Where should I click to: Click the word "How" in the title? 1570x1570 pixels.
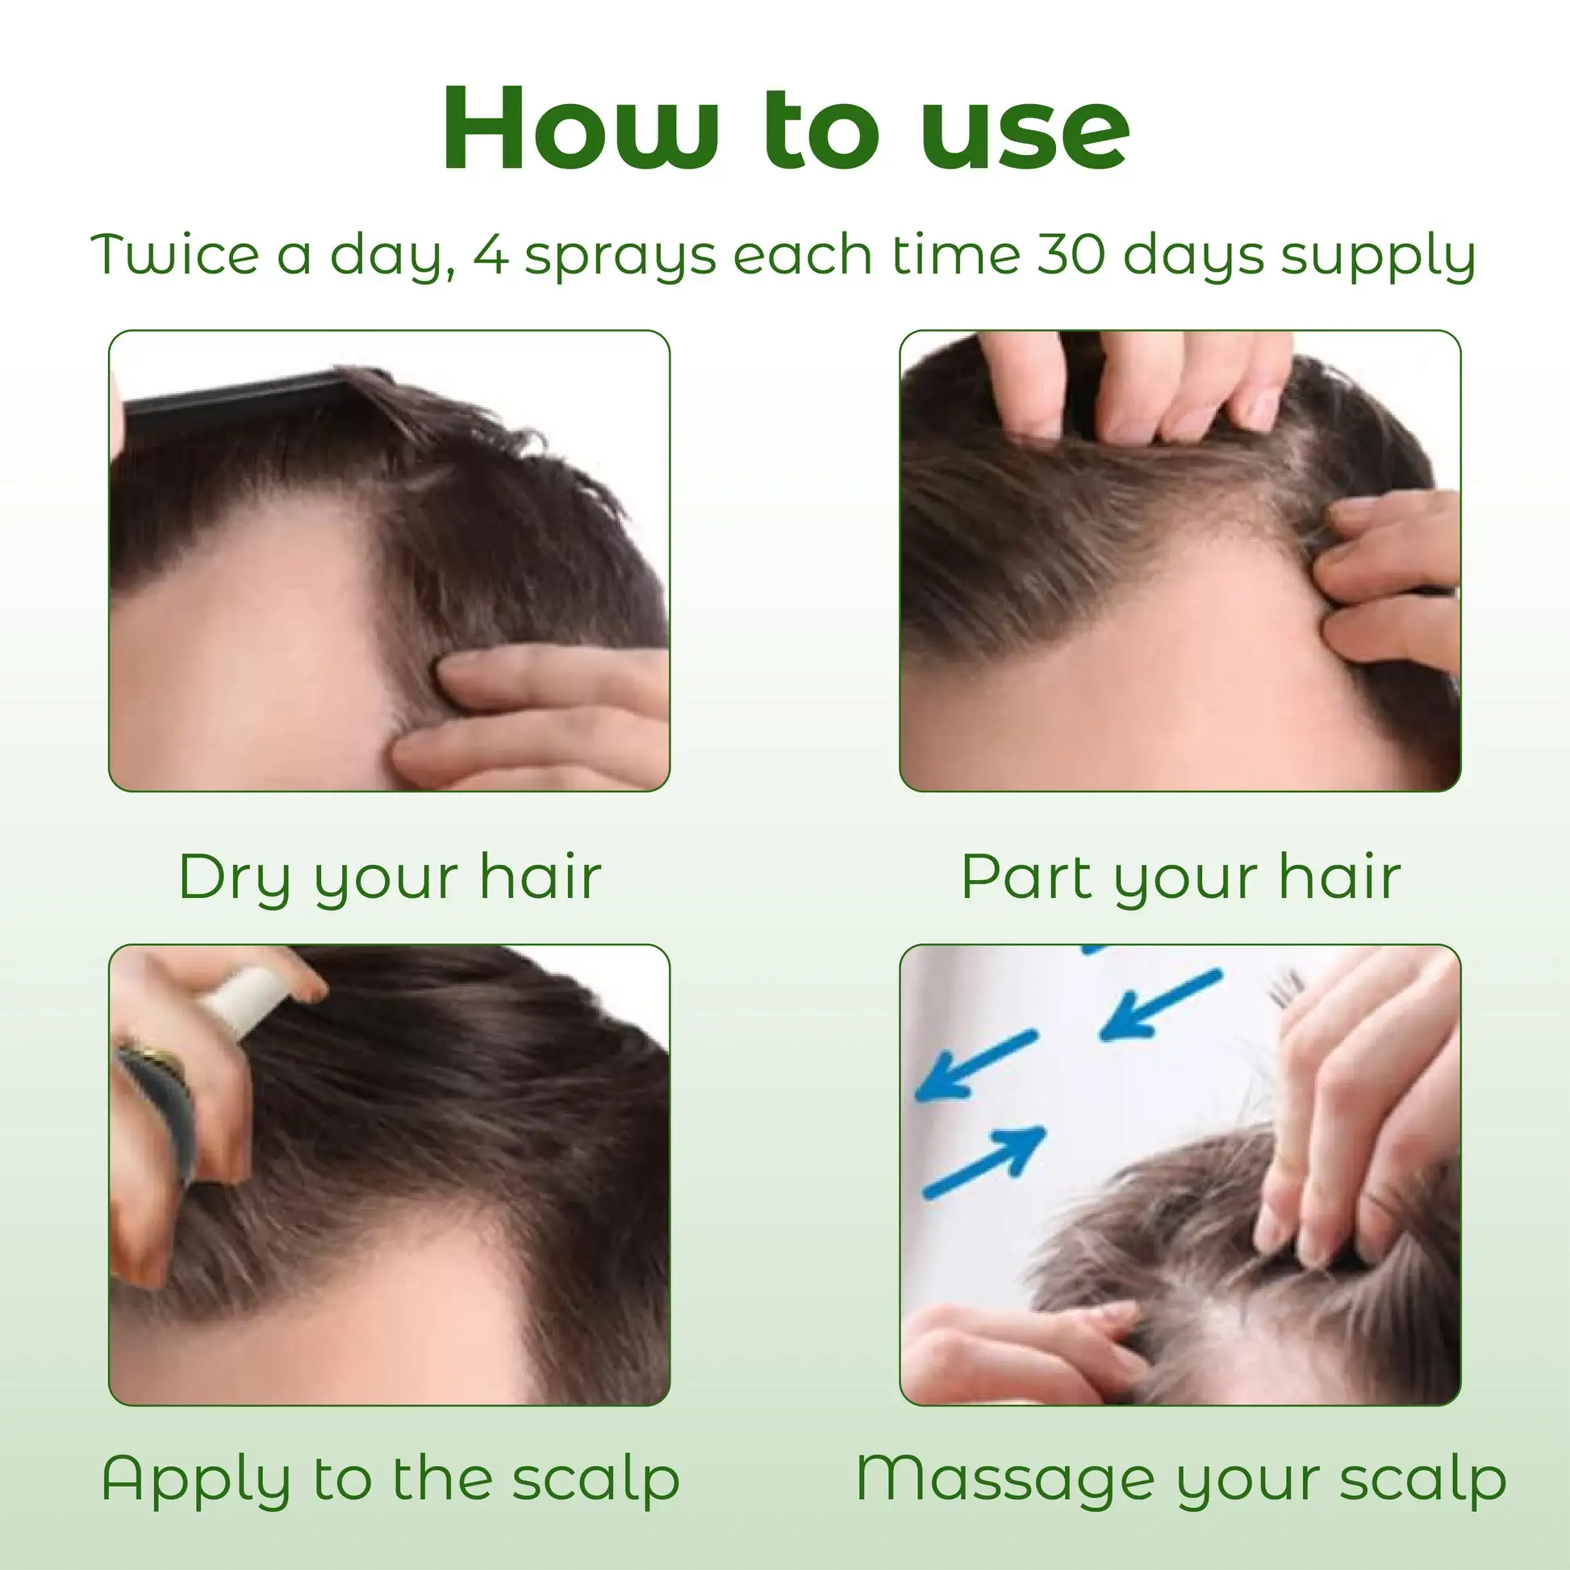point(580,128)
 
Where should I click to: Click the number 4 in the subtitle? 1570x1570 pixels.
point(490,255)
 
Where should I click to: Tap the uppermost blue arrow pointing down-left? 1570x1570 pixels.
point(1159,1005)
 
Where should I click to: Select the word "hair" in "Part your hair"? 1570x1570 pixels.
point(1340,878)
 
